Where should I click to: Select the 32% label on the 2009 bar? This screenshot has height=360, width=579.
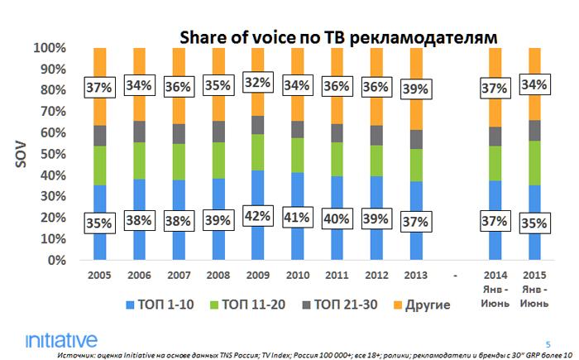(257, 84)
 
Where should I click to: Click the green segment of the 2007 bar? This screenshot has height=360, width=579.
(179, 161)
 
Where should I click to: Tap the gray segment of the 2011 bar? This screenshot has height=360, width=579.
(337, 133)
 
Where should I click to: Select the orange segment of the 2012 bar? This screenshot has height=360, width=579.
(376, 66)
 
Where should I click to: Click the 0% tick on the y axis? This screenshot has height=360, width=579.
(51, 261)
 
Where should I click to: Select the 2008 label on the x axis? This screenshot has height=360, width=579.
(218, 273)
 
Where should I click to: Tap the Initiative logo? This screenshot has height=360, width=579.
(61, 340)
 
